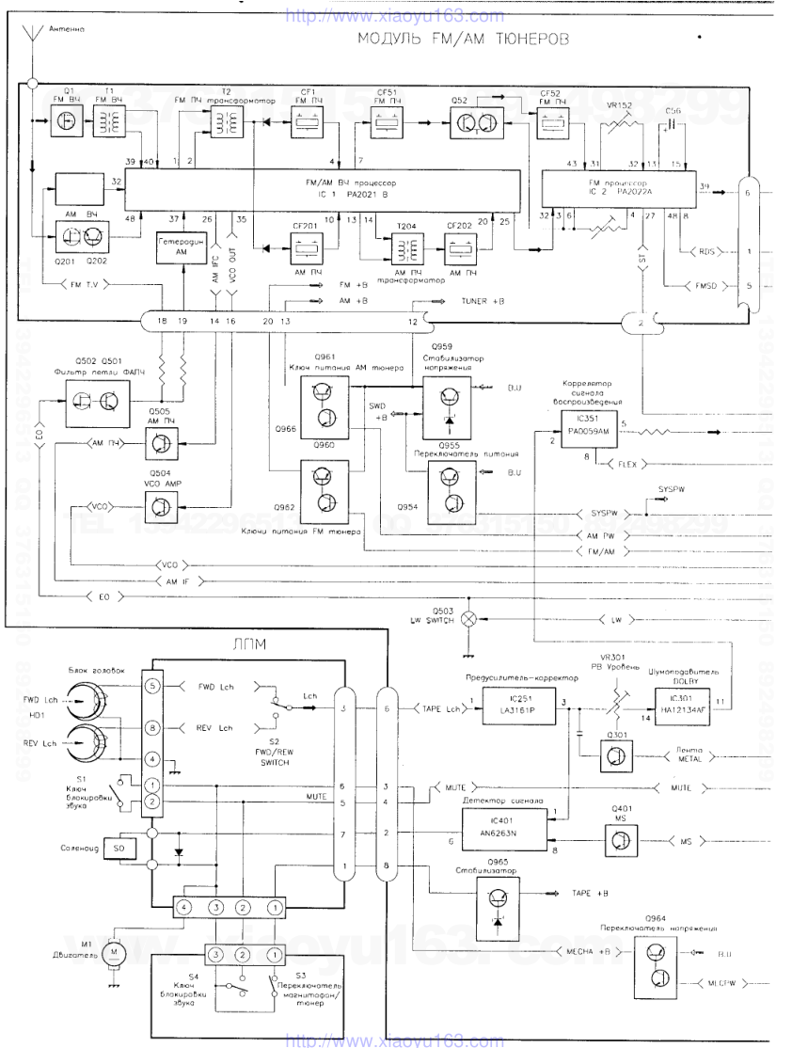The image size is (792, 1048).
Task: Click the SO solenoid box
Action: (119, 848)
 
